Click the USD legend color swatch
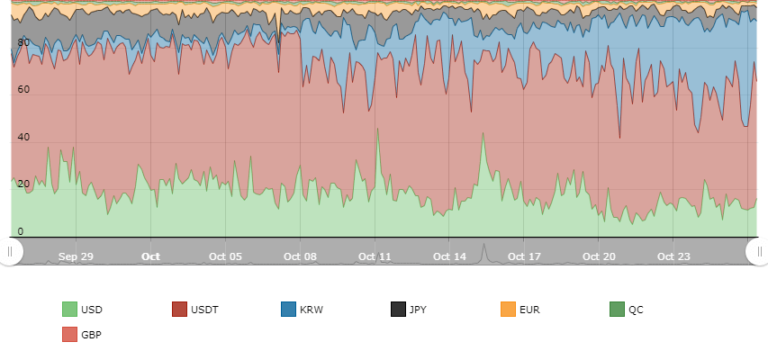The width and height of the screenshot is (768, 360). tap(69, 310)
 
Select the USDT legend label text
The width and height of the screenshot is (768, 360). tap(204, 310)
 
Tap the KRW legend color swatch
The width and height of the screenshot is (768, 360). tap(289, 310)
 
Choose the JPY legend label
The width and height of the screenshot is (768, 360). tap(419, 310)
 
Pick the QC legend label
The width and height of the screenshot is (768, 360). tap(636, 310)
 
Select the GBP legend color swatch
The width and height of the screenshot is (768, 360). tap(69, 335)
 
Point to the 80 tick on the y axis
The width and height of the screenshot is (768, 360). tap(23, 42)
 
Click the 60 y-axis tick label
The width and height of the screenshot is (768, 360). tap(23, 90)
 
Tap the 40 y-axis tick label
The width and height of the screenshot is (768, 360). tap(23, 138)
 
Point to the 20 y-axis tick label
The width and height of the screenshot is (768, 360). tap(23, 184)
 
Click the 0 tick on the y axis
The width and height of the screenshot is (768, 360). tap(21, 231)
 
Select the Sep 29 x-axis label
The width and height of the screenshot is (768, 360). tap(76, 256)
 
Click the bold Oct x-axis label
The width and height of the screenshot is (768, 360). tap(150, 256)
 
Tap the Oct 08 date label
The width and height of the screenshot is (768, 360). tap(300, 256)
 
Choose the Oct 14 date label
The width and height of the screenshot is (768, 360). tap(449, 256)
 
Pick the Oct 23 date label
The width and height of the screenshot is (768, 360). tap(673, 256)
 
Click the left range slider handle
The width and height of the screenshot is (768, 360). tap(10, 252)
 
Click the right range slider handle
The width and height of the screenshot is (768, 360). tap(756, 252)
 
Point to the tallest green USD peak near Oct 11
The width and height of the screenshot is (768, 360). tap(377, 129)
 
